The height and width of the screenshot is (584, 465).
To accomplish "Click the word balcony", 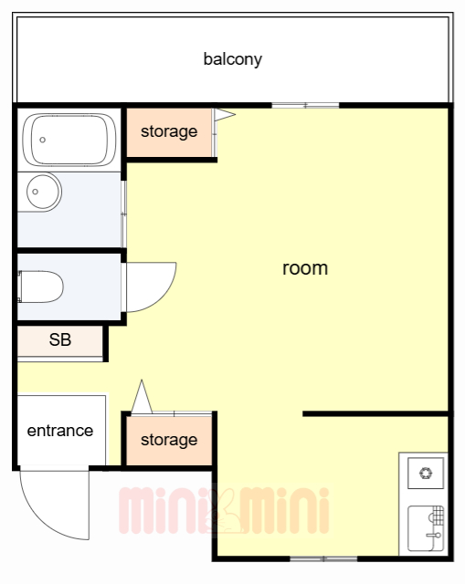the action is pyautogui.click(x=233, y=59).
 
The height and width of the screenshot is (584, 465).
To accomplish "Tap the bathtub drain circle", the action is pyautogui.click(x=43, y=140).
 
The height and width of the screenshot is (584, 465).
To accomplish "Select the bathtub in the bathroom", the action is pyautogui.click(x=69, y=140).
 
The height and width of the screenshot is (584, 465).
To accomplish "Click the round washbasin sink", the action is pyautogui.click(x=44, y=192).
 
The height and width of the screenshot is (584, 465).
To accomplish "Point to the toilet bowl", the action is pyautogui.click(x=41, y=287).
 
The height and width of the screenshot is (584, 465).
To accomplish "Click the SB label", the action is pyautogui.click(x=60, y=339).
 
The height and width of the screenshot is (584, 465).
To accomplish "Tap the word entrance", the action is pyautogui.click(x=60, y=431).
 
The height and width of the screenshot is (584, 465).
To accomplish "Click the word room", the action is pyautogui.click(x=305, y=268).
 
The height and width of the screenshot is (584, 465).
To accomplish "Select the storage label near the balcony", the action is pyautogui.click(x=169, y=131).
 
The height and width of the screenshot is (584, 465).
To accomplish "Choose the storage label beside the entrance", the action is pyautogui.click(x=169, y=440).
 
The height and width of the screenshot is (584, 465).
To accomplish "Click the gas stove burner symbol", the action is pyautogui.click(x=426, y=474).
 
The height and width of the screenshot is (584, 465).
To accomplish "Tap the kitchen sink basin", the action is pyautogui.click(x=426, y=528).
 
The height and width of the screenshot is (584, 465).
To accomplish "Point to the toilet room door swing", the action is pyautogui.click(x=161, y=296).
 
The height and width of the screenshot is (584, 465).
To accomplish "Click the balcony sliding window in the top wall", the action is pyautogui.click(x=305, y=106).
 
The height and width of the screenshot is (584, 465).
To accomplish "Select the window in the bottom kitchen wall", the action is pyautogui.click(x=323, y=558).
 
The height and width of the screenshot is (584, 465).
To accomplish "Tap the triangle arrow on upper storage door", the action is pyautogui.click(x=225, y=114).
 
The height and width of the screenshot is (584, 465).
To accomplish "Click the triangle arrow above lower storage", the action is pyautogui.click(x=142, y=396).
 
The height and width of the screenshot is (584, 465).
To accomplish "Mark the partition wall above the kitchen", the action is pyautogui.click(x=375, y=413).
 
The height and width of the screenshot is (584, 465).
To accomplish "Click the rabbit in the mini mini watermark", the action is pyautogui.click(x=225, y=511).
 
